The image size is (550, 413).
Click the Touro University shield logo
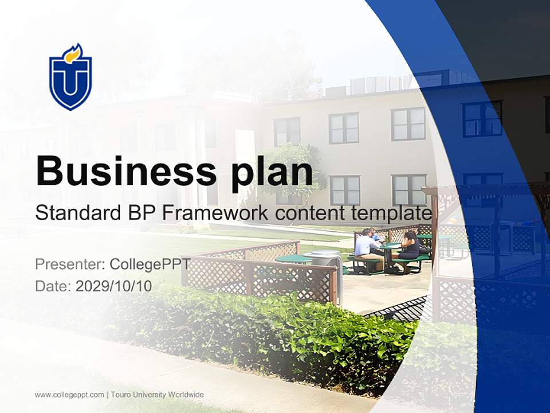70,79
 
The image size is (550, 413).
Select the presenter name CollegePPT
150,264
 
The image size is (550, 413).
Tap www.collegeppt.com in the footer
69,395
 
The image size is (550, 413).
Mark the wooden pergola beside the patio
487,229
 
